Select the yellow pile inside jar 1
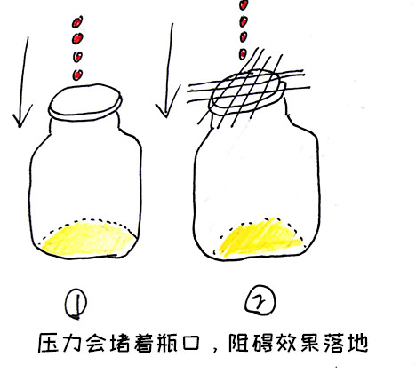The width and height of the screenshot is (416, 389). tap(89, 238)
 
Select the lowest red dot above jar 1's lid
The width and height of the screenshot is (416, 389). tap(77, 75)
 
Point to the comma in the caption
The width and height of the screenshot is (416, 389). tap(208, 353)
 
